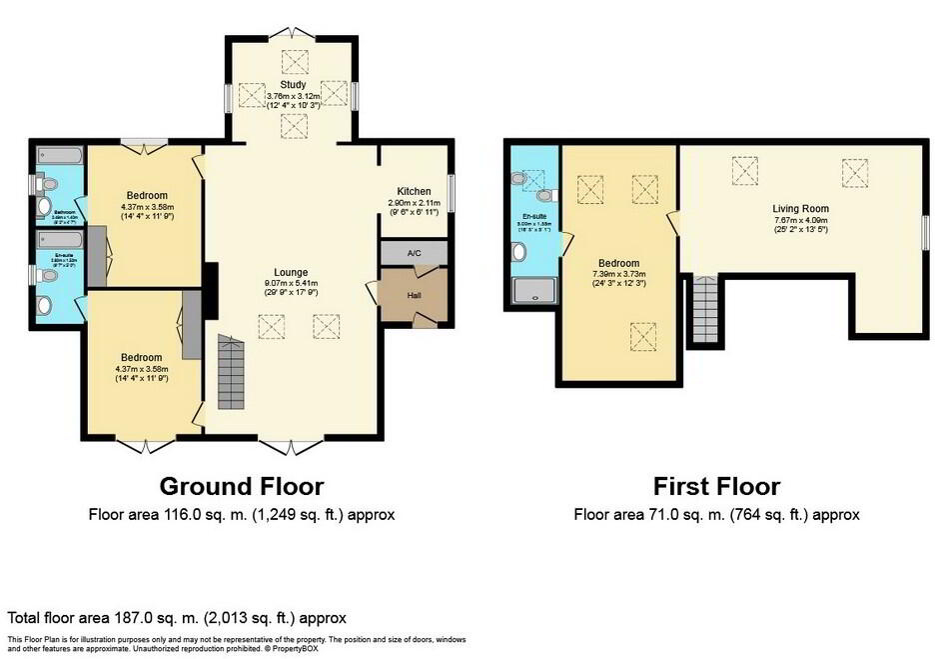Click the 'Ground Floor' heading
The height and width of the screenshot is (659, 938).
coord(242,486)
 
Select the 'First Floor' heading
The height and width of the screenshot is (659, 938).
coord(715,486)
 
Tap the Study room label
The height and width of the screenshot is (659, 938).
coord(293,85)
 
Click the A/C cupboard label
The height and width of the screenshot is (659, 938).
coord(415,254)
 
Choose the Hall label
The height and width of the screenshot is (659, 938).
coord(415,295)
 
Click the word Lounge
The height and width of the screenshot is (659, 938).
coord(292,272)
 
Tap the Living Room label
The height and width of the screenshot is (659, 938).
coord(801,208)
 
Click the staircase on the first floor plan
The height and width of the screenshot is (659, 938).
coord(704,309)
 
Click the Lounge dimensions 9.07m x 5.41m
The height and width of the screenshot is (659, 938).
coord(292,283)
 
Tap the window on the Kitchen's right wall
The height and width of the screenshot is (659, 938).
coord(451,192)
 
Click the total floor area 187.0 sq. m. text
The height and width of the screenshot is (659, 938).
coord(176,619)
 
